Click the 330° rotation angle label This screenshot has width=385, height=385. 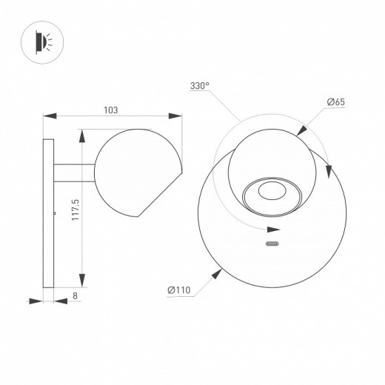click(x=200, y=87)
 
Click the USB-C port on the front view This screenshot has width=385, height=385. click(x=271, y=245)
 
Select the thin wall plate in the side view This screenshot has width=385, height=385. click(x=49, y=213)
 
